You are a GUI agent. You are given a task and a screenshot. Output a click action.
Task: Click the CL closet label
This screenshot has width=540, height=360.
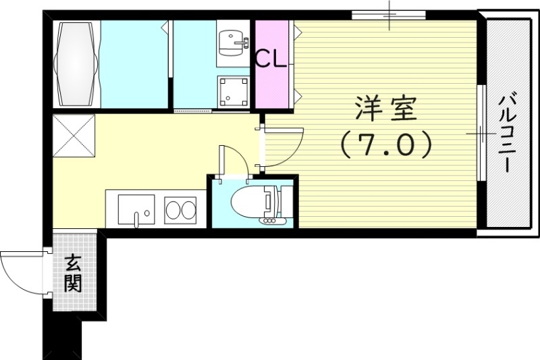[272, 59]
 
